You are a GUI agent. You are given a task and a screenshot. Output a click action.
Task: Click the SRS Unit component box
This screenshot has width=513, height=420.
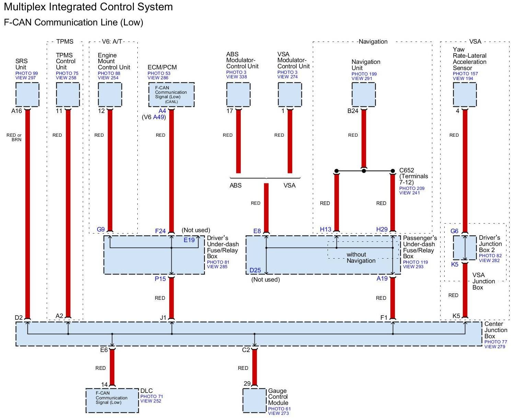click(x=27, y=94)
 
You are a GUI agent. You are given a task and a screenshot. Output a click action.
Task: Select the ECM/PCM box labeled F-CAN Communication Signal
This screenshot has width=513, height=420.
click(x=171, y=94)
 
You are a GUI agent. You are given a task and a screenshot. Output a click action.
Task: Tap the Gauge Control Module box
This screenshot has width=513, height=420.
click(x=254, y=400)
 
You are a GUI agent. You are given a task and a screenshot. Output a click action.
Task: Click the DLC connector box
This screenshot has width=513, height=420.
click(x=112, y=400)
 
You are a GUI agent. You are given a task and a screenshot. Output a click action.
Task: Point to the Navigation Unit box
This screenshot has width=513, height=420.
click(x=364, y=95)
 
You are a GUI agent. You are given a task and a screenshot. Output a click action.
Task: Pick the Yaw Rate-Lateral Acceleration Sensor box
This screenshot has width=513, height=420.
click(x=465, y=95)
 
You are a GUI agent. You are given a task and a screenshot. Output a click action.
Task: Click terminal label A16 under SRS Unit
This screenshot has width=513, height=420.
click(x=16, y=111)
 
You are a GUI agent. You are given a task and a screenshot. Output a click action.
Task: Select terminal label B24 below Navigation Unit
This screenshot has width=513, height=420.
click(x=353, y=111)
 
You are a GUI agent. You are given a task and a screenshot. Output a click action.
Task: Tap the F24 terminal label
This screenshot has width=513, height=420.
click(x=160, y=231)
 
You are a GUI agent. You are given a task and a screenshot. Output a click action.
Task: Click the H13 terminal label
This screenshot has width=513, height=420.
click(x=326, y=229)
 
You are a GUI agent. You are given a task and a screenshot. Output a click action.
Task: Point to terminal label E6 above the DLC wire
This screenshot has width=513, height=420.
click(x=104, y=350)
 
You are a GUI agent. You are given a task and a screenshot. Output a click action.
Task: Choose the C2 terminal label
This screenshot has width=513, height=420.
click(x=246, y=350)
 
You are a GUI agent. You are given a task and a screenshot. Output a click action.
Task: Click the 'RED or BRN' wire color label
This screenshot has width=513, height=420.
click(x=14, y=137)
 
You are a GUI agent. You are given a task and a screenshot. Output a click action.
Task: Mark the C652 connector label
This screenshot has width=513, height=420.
click(x=407, y=170)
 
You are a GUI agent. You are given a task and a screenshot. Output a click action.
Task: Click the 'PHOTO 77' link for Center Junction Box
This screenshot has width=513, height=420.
click(x=495, y=342)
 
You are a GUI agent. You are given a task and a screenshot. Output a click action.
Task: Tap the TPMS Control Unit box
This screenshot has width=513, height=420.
click(x=68, y=94)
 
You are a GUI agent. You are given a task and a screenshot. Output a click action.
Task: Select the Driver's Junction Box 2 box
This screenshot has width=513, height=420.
click(x=465, y=248)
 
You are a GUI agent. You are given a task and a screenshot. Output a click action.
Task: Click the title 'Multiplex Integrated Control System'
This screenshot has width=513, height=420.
click(x=88, y=7)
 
